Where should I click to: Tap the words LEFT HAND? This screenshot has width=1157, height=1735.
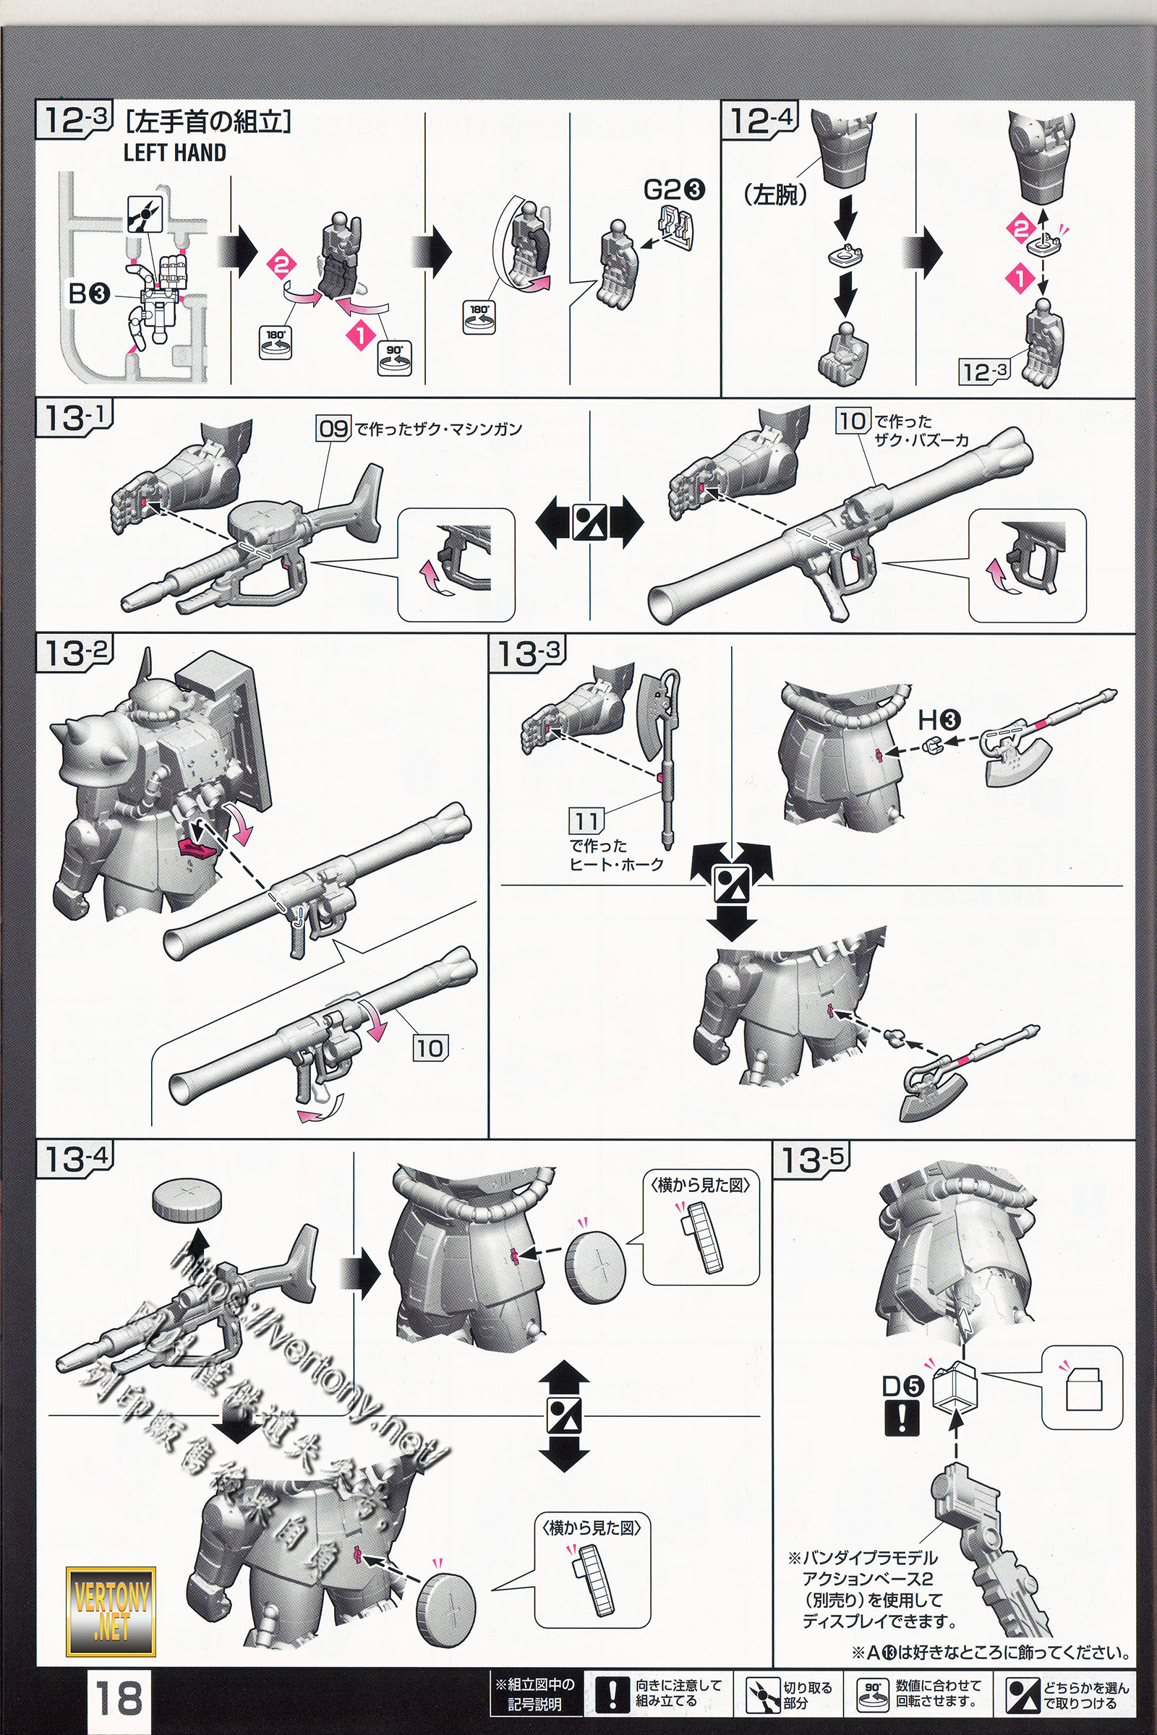click(174, 153)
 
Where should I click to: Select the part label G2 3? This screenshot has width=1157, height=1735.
click(674, 189)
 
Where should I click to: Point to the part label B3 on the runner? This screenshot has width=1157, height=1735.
click(89, 294)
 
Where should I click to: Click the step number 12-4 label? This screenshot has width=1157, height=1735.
click(761, 120)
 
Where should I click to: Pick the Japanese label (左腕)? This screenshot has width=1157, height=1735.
click(775, 194)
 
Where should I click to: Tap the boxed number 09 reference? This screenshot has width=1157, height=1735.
click(333, 428)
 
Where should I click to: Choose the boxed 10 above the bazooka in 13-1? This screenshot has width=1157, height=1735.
click(853, 421)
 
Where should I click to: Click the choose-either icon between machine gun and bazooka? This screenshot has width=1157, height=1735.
click(589, 523)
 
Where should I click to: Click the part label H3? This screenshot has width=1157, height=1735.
click(938, 719)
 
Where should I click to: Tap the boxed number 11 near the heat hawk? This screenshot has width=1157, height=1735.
click(586, 821)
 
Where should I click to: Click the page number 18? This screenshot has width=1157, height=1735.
click(118, 1695)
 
